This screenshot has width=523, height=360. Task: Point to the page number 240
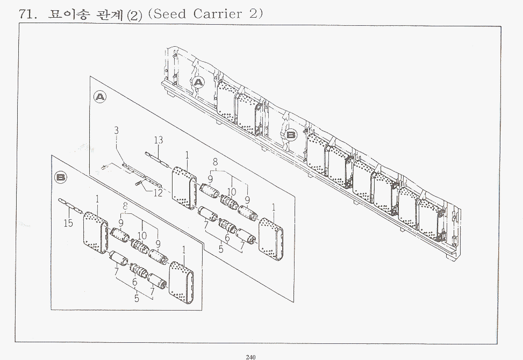[x=250, y=357]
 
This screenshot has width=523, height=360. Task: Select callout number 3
[x=116, y=131]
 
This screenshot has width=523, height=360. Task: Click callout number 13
[x=159, y=140]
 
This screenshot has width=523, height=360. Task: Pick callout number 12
[x=158, y=193]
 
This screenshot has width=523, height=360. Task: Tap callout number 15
[x=68, y=223]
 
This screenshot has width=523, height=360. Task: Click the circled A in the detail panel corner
[x=100, y=97]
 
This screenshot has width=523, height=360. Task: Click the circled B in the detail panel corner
[x=60, y=177]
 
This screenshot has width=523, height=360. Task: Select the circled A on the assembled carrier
[x=199, y=82]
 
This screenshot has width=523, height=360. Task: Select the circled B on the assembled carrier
[x=291, y=135]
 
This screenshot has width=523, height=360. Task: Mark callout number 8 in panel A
[x=215, y=162]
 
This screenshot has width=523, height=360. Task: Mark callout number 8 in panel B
[x=125, y=206]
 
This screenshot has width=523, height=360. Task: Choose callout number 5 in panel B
[x=137, y=298]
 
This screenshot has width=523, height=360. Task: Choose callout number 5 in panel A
[x=221, y=249]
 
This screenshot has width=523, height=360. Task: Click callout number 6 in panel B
[x=134, y=282]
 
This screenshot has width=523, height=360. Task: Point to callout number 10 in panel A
[x=232, y=192]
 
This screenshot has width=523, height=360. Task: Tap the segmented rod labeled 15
[x=70, y=205]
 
